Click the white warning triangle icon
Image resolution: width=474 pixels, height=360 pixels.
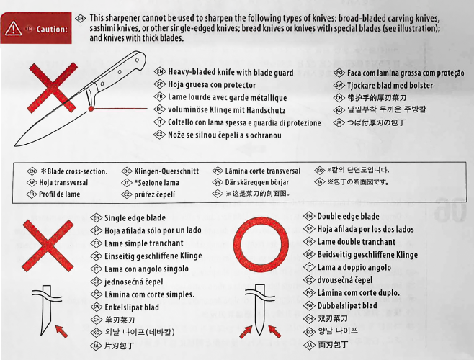pyautogui.click(x=13, y=29)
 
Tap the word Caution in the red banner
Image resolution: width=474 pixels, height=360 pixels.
pyautogui.click(x=52, y=30)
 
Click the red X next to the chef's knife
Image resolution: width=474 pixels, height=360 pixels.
pyautogui.click(x=53, y=88)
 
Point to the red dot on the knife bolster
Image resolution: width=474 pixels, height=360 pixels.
pyautogui.click(x=91, y=109)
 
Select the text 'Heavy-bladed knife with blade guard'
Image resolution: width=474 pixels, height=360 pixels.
pyautogui.click(x=231, y=73)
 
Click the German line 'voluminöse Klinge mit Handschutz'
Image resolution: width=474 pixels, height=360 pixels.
pyautogui.click(x=227, y=109)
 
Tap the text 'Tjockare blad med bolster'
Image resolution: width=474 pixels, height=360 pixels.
pyautogui.click(x=390, y=86)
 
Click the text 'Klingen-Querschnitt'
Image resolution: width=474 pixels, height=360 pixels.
pyautogui.click(x=166, y=171)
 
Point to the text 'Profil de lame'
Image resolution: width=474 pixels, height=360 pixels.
pyautogui.click(x=60, y=194)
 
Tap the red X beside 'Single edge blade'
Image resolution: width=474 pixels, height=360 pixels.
pyautogui.click(x=48, y=246)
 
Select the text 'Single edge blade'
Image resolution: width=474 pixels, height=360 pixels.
pyautogui.click(x=135, y=218)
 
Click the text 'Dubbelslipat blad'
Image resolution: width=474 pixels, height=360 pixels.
pyautogui.click(x=347, y=305)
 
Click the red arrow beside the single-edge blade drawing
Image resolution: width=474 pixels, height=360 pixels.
pyautogui.click(x=62, y=332)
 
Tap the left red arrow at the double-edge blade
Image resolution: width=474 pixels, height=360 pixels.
pyautogui.click(x=246, y=332)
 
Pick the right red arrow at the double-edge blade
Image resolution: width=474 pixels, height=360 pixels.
pyautogui.click(x=274, y=331)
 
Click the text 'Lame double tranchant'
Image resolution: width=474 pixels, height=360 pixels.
pyautogui.click(x=357, y=242)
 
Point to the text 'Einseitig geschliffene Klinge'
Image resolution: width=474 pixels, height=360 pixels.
pyautogui.click(x=153, y=256)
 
